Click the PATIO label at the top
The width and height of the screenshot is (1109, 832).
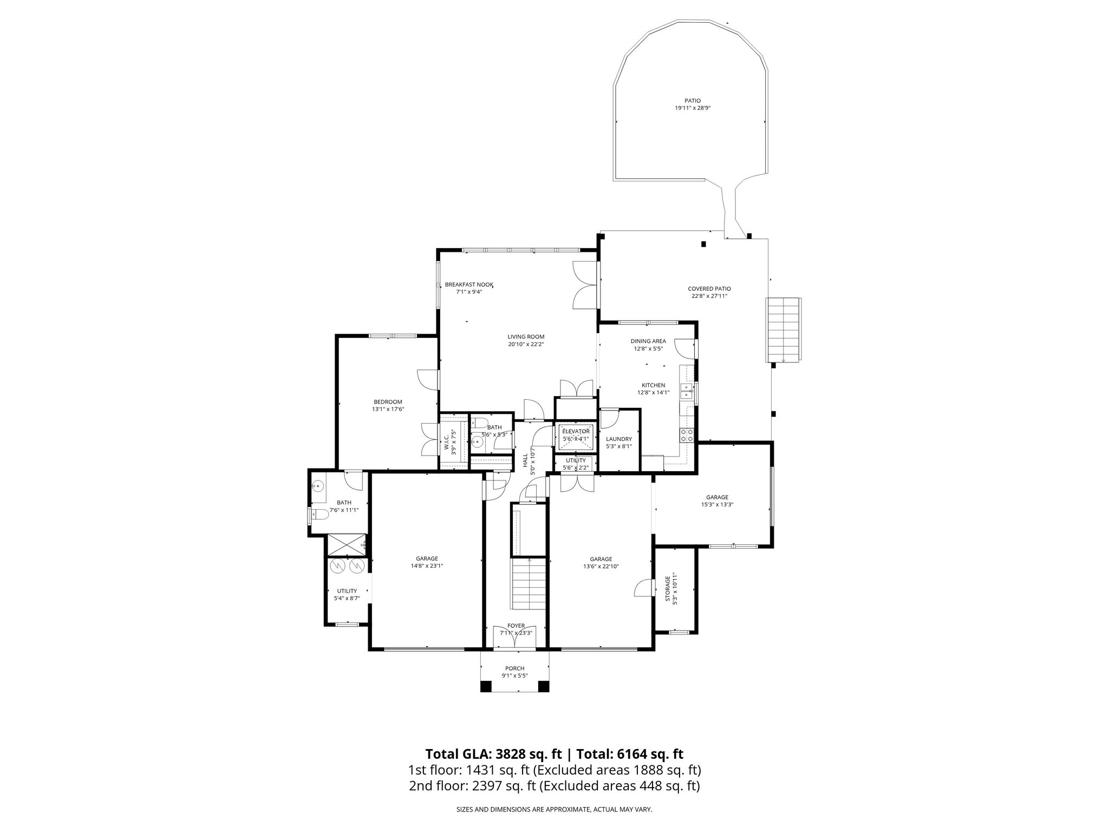(x=692, y=101)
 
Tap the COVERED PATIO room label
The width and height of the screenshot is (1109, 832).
(x=709, y=289)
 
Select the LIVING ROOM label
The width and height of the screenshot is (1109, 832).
(x=526, y=336)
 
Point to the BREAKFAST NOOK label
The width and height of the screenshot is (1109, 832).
(x=469, y=284)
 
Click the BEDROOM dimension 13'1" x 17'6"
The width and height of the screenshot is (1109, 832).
(x=388, y=409)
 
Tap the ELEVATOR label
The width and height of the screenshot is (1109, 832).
(x=576, y=431)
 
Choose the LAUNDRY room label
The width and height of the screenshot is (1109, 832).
(x=619, y=439)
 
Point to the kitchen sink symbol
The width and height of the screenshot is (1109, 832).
(x=687, y=391)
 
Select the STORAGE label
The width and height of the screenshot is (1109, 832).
(x=668, y=589)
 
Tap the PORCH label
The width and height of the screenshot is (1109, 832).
(x=515, y=668)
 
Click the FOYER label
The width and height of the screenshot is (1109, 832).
(x=516, y=626)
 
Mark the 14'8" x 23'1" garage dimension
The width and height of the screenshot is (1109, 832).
(x=427, y=566)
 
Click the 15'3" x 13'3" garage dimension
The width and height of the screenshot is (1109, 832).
(x=717, y=504)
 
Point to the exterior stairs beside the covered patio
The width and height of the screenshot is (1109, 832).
(x=783, y=329)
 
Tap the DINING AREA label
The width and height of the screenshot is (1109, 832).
(x=648, y=341)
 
